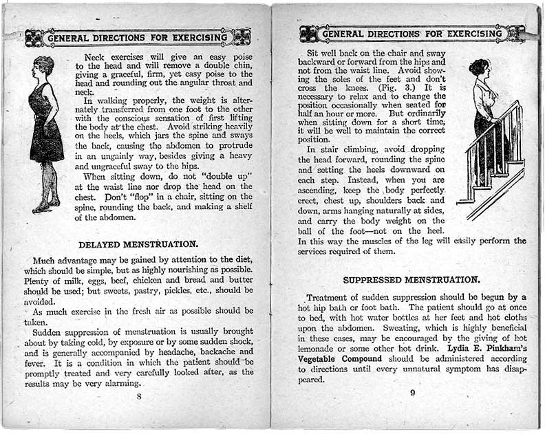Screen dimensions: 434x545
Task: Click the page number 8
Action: pos(139,395)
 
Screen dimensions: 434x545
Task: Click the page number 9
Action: pos(412,393)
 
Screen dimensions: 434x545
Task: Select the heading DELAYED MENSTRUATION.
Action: pos(138,243)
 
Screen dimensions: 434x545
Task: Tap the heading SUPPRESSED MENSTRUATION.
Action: pos(411,280)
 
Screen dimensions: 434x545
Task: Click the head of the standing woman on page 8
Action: pos(43,67)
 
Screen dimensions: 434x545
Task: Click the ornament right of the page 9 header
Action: pos(516,33)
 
